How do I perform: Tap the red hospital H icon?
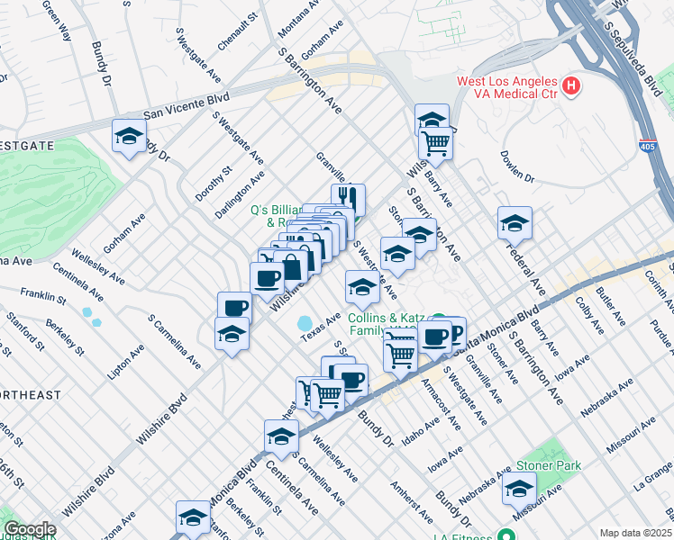pos(569,87)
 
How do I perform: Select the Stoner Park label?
pos(548,466)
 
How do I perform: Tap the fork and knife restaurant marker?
pos(347,197)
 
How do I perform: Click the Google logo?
pos(30,529)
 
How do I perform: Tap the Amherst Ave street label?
pos(409,500)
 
